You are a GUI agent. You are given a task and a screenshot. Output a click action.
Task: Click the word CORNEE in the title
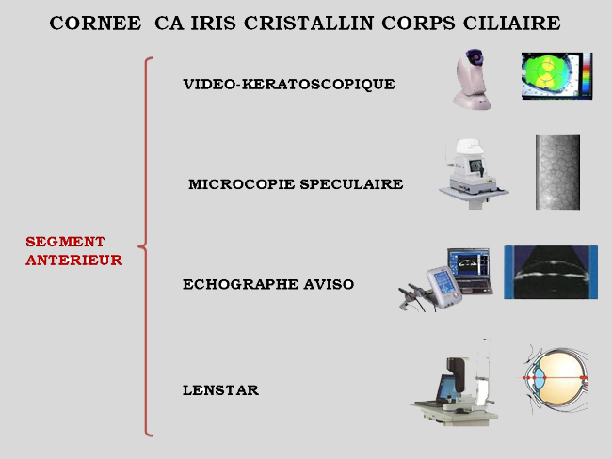click(x=95, y=23)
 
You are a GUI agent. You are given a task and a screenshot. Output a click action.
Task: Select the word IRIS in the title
click(x=213, y=23)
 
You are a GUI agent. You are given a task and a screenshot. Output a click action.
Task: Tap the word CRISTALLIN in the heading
click(x=309, y=23)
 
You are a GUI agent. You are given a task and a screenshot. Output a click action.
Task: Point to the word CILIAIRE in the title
click(x=511, y=23)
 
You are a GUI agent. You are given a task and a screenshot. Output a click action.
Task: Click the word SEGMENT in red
click(x=65, y=242)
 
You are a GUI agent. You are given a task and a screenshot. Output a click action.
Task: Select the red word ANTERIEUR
click(x=74, y=261)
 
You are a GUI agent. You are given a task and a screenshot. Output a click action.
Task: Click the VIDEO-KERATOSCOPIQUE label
click(x=289, y=85)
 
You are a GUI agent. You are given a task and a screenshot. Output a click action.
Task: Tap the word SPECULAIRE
click(x=351, y=184)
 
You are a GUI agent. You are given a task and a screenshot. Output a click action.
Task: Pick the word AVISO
click(x=329, y=284)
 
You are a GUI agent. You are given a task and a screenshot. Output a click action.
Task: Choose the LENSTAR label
click(x=220, y=390)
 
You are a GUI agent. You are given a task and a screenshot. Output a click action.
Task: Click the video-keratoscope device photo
click(x=472, y=80)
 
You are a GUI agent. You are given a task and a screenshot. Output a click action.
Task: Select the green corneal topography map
click(x=551, y=76)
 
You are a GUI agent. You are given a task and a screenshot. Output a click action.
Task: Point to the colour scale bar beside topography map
click(x=587, y=74)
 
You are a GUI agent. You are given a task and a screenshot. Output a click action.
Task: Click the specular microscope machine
click(x=473, y=174)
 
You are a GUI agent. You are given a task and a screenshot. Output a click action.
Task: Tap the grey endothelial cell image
click(x=557, y=172)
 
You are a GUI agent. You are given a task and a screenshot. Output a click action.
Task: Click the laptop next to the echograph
click(x=470, y=271)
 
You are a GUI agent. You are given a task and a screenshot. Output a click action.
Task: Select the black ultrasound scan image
click(x=551, y=272)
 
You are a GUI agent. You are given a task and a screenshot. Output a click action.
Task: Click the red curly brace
click(x=145, y=246)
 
